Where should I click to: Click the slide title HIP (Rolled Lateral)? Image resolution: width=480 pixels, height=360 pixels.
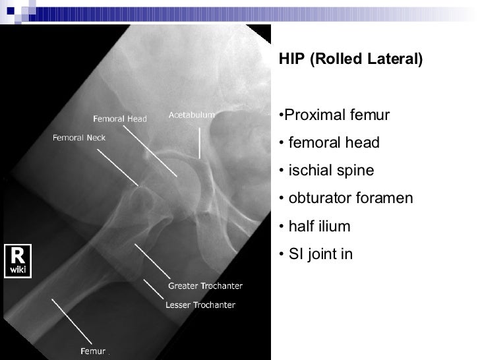[x=349, y=59]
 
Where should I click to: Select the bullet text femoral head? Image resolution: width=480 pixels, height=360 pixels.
[x=330, y=144]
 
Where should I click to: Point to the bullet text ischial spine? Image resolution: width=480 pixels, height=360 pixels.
[x=326, y=171]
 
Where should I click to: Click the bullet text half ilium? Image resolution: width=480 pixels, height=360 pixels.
[x=315, y=227]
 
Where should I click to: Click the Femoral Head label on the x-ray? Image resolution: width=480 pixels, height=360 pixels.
[x=119, y=119]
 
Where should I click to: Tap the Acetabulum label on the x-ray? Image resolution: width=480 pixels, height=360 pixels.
[x=193, y=115]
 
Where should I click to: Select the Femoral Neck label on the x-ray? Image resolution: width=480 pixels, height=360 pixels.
[x=78, y=138]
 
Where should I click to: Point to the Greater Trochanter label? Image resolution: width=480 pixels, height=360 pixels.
[x=206, y=286]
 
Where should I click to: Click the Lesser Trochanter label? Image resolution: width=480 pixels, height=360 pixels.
[x=200, y=305]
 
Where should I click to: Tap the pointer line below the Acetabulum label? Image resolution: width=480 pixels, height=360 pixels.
[x=200, y=142]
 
